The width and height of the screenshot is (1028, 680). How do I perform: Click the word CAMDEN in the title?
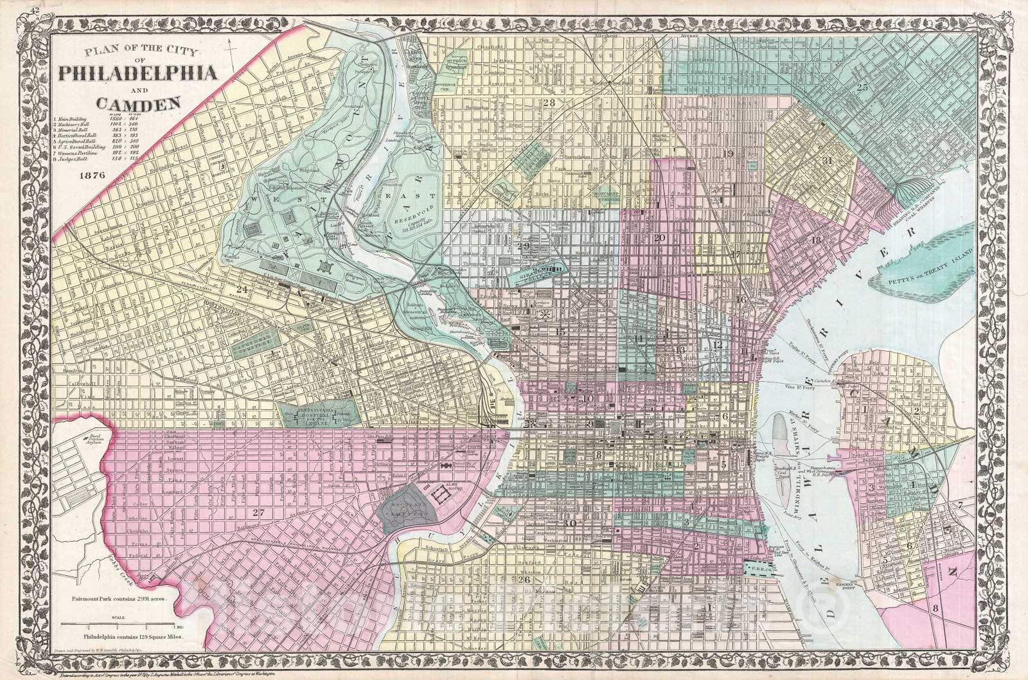pyautogui.click(x=137, y=102)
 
